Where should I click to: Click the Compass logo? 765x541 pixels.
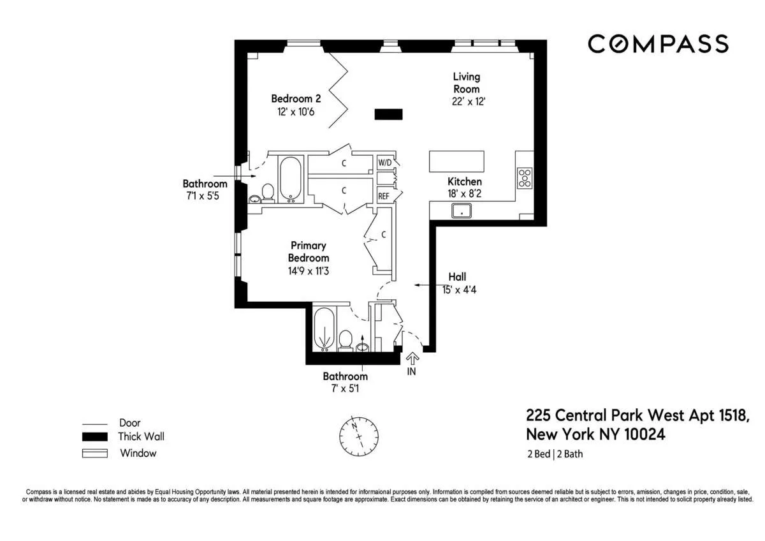pos(657,44)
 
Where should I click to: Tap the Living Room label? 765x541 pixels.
pos(466,83)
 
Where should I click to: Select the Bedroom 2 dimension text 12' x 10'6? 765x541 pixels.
pos(295,111)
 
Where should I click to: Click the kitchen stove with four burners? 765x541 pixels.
pos(524,177)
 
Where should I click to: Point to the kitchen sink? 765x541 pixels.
pos(462,211)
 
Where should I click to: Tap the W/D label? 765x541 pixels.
pos(384,163)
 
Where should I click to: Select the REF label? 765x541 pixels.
pos(384,196)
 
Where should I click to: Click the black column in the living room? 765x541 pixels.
pos(388,114)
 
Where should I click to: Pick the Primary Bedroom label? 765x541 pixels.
pos(309,251)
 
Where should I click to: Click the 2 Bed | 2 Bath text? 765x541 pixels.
pos(554,454)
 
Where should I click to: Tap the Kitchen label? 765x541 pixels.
pos(464,182)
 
